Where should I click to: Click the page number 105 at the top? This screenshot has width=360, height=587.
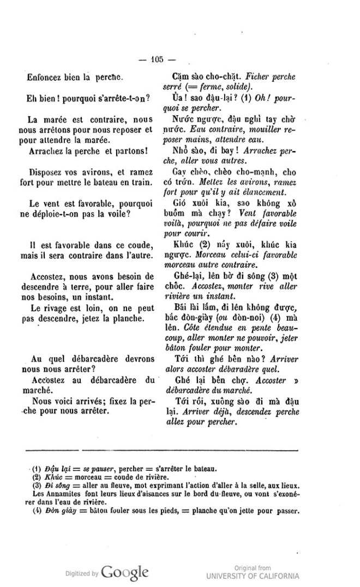pos(158,61)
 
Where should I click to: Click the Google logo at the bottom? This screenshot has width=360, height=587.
pos(125,572)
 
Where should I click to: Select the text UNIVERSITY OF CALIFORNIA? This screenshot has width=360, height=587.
pos(253,576)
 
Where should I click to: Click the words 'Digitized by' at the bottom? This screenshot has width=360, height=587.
pos(82,574)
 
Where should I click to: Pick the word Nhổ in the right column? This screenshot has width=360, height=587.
pos(179,150)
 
